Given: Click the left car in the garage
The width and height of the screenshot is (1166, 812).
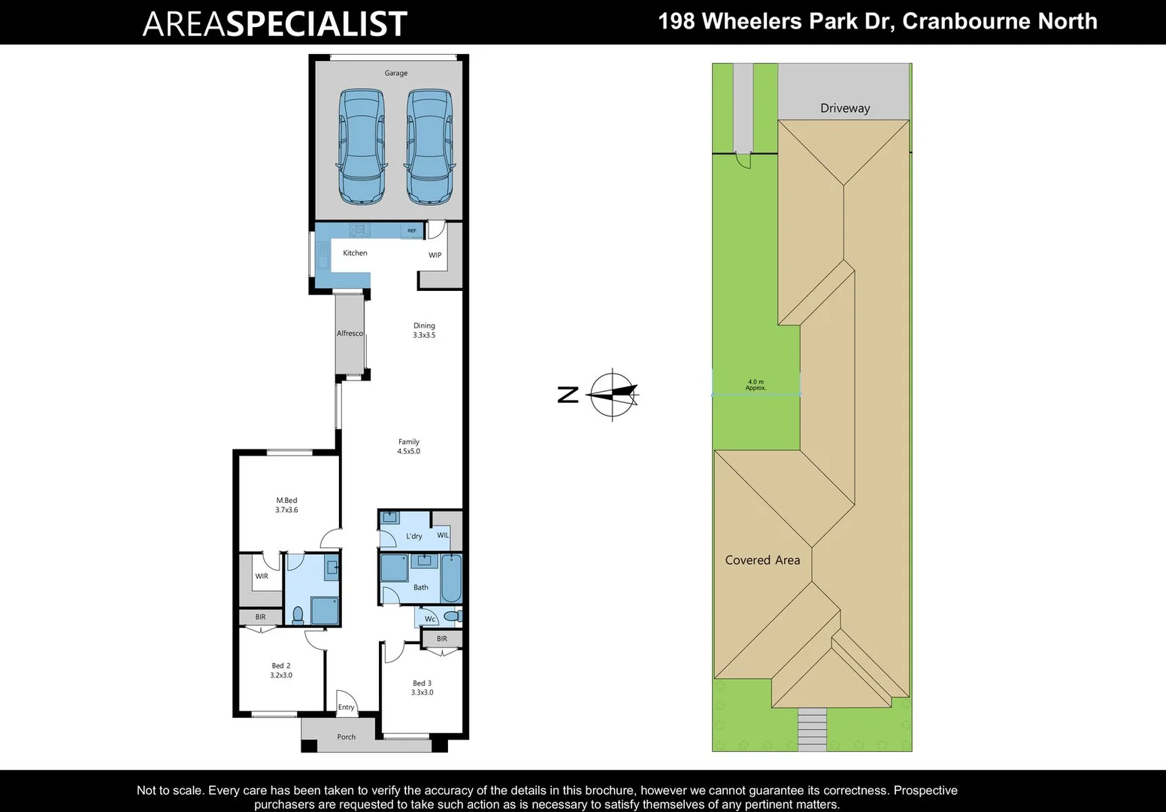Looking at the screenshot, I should [362, 147].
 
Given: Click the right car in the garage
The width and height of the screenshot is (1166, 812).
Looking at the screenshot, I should [430, 147].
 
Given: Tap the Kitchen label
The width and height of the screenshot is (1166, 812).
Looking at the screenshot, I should [355, 253].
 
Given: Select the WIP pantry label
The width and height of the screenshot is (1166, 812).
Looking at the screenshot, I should [435, 256].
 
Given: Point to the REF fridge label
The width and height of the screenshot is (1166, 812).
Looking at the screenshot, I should [412, 231].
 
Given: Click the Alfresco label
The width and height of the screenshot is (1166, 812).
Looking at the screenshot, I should [350, 333].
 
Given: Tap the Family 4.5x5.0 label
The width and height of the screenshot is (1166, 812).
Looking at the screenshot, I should [409, 447].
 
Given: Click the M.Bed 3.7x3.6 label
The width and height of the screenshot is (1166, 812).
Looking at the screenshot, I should [286, 505].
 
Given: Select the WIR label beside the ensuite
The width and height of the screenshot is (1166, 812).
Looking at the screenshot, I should [262, 577].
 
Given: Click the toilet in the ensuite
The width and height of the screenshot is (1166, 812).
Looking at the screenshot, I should [298, 616].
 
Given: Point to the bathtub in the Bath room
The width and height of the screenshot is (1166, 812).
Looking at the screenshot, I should [451, 577].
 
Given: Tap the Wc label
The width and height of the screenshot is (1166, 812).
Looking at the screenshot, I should [430, 620].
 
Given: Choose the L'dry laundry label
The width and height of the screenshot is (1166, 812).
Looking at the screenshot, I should [414, 536].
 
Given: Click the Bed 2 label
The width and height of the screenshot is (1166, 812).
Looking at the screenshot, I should [281, 671].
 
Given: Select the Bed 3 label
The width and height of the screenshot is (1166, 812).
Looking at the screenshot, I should [422, 688].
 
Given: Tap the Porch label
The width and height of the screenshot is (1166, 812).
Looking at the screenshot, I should [346, 737].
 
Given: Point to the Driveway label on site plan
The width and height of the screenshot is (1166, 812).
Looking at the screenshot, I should [845, 108].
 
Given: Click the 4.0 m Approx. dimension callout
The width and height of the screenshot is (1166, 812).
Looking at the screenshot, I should [756, 385].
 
